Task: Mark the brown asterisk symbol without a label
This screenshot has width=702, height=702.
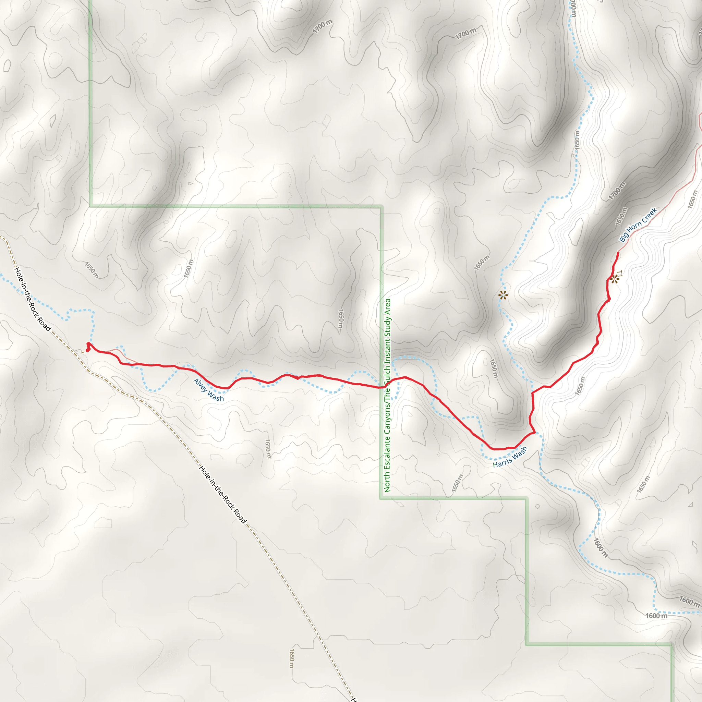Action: [503, 295]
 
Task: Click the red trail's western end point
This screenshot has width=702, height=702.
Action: [88, 344]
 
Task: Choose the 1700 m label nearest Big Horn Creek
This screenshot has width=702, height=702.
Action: [617, 191]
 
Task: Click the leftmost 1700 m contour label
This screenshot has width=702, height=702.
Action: [323, 26]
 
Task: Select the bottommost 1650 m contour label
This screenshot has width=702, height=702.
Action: [291, 658]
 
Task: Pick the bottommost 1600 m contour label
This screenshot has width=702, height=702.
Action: [656, 616]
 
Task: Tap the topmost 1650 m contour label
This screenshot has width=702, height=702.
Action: [577, 139]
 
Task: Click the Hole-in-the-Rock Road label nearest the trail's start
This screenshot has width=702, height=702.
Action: [33, 299]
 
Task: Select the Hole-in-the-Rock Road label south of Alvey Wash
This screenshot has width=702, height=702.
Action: [223, 495]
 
